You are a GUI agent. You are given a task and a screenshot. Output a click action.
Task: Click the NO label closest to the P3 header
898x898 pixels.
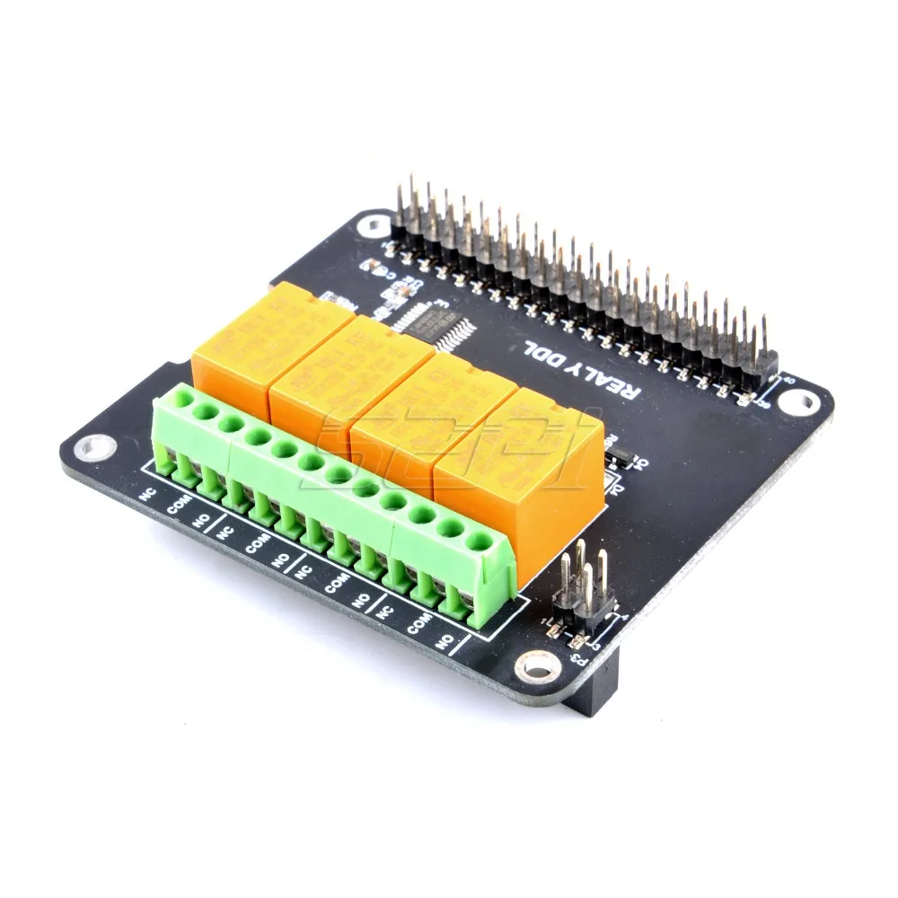click(x=444, y=641)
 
